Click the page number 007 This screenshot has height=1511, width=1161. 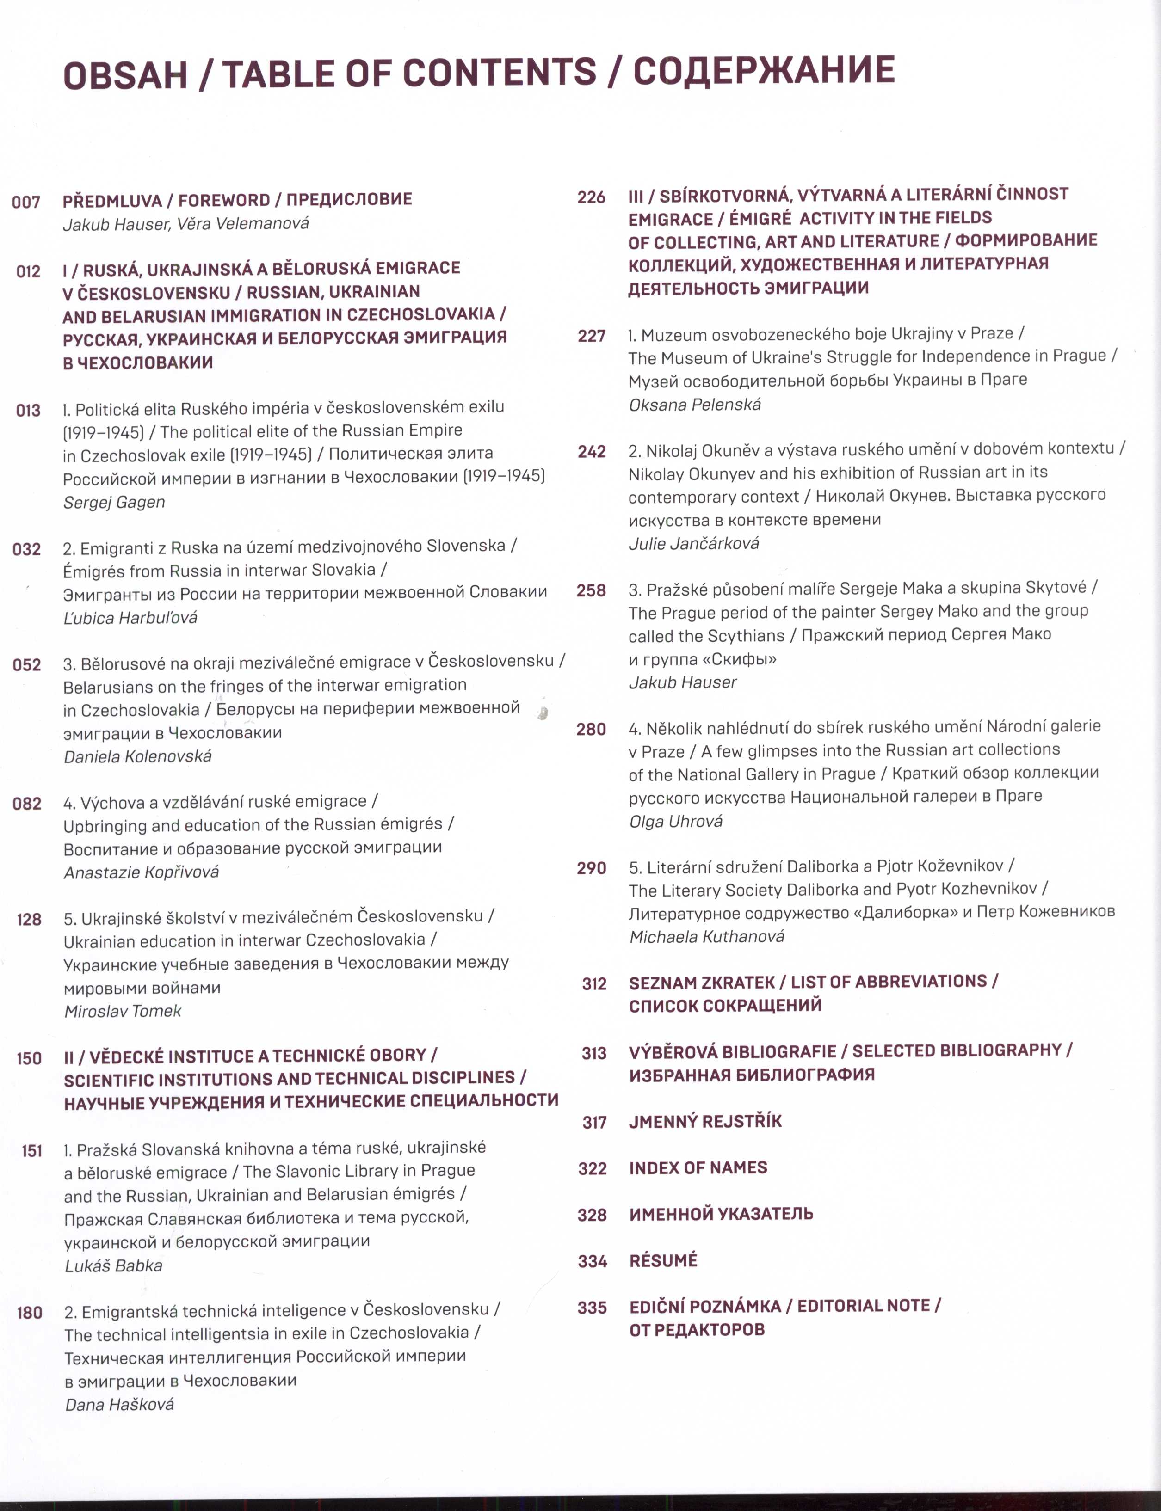point(26,203)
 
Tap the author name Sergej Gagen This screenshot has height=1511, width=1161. point(114,502)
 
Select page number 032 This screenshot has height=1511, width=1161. point(27,549)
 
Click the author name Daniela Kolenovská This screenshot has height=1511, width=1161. point(137,756)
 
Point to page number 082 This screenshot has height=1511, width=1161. point(27,804)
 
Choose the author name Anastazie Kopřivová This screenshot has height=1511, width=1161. point(141,872)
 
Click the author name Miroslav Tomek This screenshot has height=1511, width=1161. point(122,1012)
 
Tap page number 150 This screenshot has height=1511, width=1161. point(29,1058)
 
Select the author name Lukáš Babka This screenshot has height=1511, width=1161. point(113,1266)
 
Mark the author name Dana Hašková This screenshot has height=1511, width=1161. point(119,1405)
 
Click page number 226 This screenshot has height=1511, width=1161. point(592,197)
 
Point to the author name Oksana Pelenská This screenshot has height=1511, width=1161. point(695,405)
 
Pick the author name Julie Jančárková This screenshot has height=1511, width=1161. point(693,544)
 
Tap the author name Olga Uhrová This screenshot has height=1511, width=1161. point(675,822)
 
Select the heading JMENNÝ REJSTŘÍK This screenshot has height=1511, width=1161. point(705,1121)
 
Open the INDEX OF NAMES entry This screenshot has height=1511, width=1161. point(698,1167)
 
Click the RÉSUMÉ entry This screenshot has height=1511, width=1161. point(663,1261)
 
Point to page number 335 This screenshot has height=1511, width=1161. point(592,1308)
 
